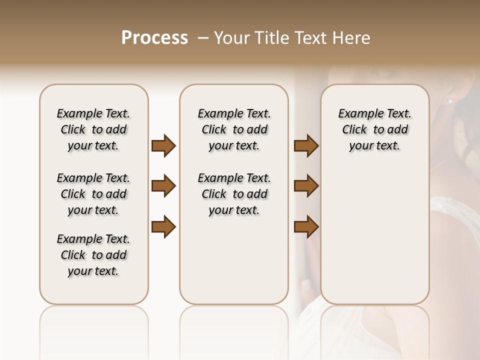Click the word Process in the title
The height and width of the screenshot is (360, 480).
click(154, 38)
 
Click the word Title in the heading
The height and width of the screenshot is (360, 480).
click(274, 38)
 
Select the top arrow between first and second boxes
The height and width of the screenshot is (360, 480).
click(163, 145)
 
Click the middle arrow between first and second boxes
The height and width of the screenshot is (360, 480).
click(163, 186)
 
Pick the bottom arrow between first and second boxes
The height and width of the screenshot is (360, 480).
click(163, 226)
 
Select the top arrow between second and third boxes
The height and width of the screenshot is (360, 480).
click(306, 145)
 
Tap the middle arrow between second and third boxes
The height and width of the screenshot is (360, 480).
click(306, 186)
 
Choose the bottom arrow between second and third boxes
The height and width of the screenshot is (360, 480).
click(306, 226)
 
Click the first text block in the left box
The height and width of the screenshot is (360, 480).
click(93, 129)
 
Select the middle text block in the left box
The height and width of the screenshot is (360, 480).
click(93, 194)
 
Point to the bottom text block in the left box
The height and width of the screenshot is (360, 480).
click(93, 255)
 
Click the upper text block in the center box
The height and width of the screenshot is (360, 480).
click(234, 129)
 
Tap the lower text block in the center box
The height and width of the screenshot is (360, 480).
click(234, 194)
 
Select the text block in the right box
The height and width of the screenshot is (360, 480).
click(374, 129)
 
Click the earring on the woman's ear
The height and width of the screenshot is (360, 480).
click(448, 101)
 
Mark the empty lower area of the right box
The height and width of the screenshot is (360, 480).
click(374, 235)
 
